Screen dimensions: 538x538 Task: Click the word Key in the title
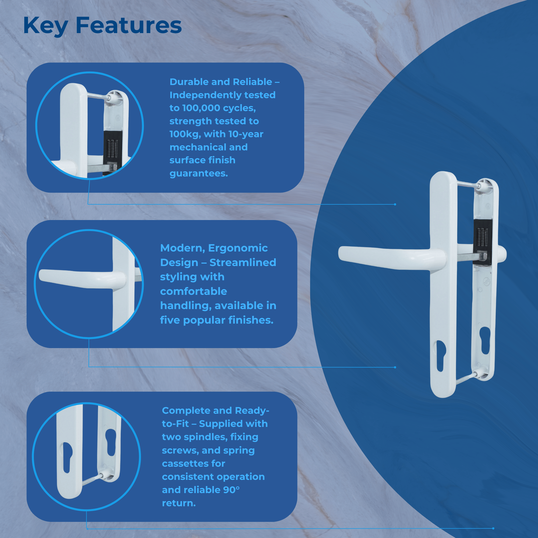45,26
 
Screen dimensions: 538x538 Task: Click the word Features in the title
129,26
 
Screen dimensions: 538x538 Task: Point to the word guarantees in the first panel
199,174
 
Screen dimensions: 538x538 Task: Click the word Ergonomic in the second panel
238,248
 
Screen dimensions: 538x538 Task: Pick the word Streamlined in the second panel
243,262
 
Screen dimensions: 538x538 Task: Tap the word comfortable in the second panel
193,291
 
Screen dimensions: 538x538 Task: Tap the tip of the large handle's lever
344,253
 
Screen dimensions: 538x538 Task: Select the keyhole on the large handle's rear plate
485,340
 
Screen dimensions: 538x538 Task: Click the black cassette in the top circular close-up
112,148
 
